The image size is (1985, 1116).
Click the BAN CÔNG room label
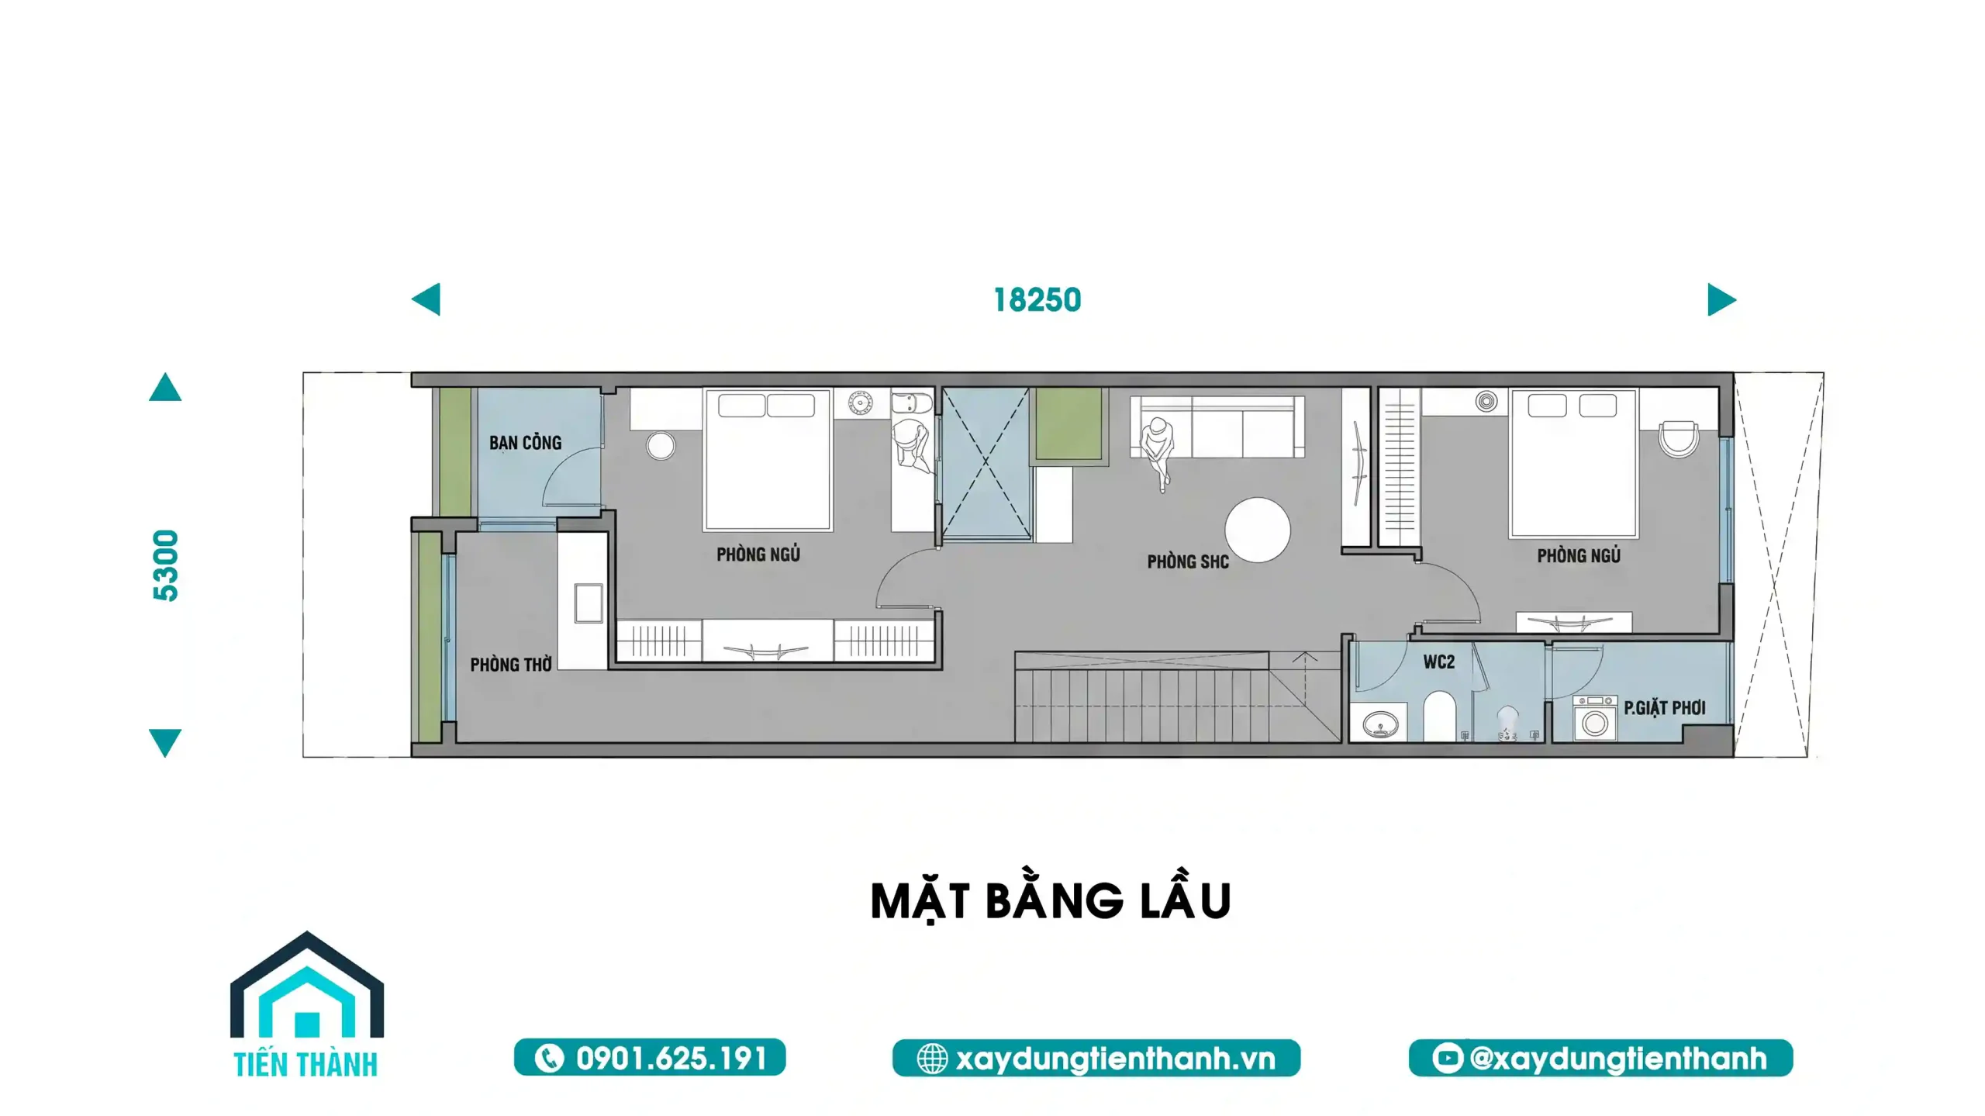point(525,443)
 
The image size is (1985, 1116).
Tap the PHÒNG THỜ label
point(511,665)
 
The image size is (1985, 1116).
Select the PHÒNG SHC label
point(1188,561)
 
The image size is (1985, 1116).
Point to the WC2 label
point(1438,662)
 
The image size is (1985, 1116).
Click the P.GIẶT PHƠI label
point(1665,707)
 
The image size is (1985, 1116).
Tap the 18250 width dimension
point(1037,300)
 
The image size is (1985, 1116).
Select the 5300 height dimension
point(166,565)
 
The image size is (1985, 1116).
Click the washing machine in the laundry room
point(1594,719)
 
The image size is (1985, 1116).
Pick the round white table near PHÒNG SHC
point(1258,529)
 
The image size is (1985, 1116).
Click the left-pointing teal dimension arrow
point(426,299)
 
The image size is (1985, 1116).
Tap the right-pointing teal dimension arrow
point(1722,299)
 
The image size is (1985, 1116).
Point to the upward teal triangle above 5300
point(165,387)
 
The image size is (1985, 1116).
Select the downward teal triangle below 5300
point(165,743)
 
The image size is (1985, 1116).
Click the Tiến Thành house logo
point(307,1004)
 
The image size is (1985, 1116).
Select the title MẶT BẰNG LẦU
point(1051,900)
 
